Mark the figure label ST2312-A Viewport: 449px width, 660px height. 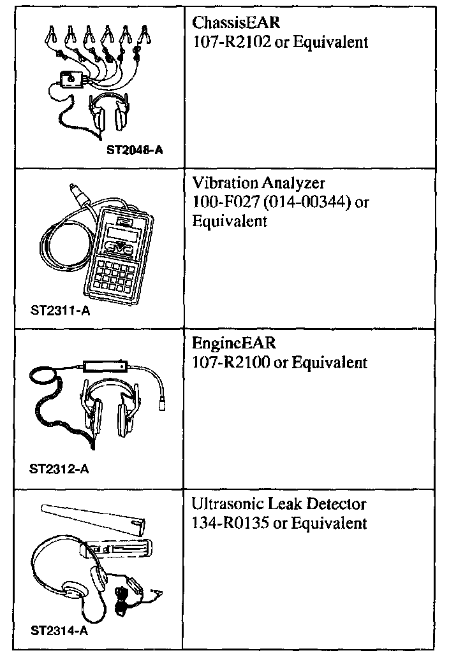59,470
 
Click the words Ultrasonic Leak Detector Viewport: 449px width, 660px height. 279,504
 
